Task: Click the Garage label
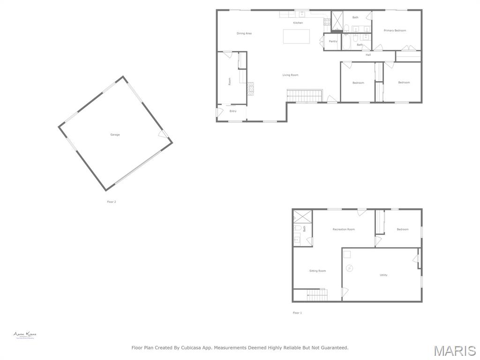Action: coord(115,135)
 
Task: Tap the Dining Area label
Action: coord(244,34)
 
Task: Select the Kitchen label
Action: coord(298,23)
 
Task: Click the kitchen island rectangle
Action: coord(296,37)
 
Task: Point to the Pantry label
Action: coord(333,41)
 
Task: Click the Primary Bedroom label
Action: coord(395,31)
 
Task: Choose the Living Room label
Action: coord(290,75)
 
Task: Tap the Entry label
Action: coord(233,111)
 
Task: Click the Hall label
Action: coord(368,55)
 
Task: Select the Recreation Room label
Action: coord(344,230)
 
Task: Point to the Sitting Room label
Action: coord(317,271)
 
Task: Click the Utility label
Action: coord(383,275)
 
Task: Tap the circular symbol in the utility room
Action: coord(350,268)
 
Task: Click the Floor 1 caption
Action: coord(297,313)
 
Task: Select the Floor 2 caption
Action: coord(112,202)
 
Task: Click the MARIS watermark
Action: coord(454,351)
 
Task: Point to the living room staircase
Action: coord(305,96)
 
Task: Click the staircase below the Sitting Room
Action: coord(317,295)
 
